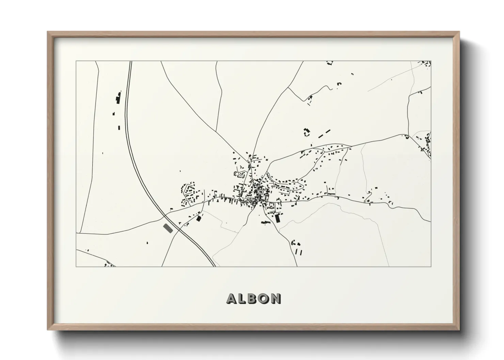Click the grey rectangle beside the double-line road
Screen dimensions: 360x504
click(168, 228)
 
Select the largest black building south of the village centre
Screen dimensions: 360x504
click(278, 218)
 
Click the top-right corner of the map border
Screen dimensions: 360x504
click(431, 61)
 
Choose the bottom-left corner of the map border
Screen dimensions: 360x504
click(76, 266)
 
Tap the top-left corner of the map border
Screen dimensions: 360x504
click(76, 61)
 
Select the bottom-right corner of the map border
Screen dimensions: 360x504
click(431, 266)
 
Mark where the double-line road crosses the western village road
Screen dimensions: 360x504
click(166, 215)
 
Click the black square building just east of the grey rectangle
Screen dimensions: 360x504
click(199, 218)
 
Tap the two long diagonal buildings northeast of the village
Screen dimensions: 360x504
click(325, 133)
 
